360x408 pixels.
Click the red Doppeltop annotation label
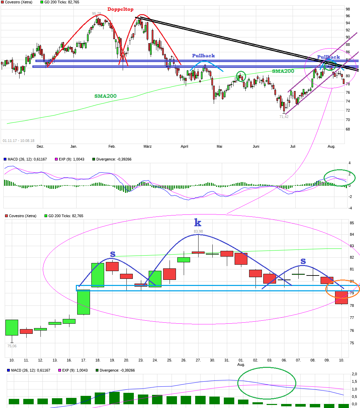point(120,9)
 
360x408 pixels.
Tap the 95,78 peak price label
point(97,14)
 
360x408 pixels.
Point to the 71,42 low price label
point(284,117)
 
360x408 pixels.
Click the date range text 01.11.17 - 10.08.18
point(19,141)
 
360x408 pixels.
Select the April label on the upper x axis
point(184,146)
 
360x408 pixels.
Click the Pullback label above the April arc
point(203,56)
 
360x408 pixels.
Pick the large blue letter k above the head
point(198,223)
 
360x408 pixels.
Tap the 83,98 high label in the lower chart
point(198,231)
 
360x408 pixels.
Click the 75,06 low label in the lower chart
point(12,346)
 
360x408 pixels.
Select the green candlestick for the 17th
point(84,302)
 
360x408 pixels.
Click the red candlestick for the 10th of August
point(341,297)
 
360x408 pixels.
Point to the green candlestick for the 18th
point(98,275)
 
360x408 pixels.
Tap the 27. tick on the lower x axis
point(198,360)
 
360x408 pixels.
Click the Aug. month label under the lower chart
point(241,365)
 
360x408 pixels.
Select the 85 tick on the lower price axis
point(352,223)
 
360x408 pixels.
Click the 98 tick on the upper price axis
point(348,9)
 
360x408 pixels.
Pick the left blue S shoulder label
point(113,254)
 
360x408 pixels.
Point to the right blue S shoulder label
point(303,261)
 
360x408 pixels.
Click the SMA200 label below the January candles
point(105,96)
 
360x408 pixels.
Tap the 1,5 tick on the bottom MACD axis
point(354,381)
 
